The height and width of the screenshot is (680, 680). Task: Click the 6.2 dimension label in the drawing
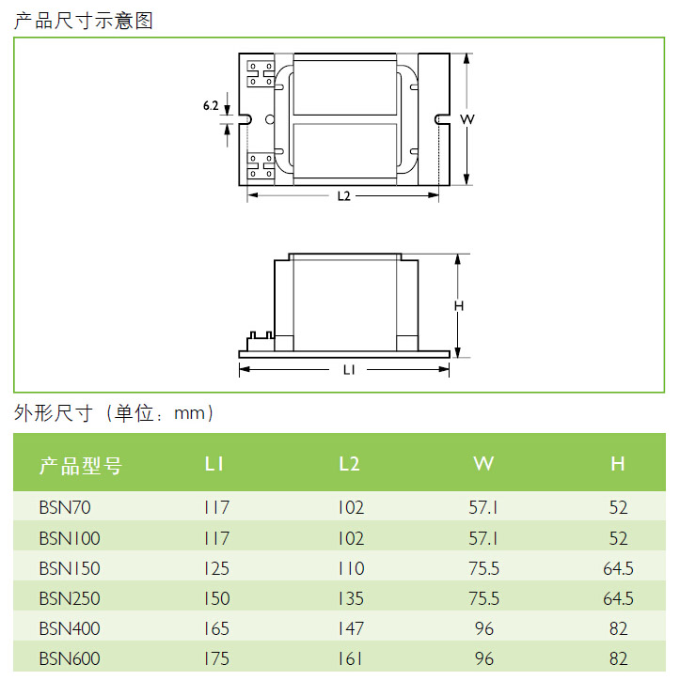211,105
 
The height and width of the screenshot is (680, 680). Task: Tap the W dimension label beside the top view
467,119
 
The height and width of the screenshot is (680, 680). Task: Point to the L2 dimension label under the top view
344,196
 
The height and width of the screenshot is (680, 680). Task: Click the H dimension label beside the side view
459,306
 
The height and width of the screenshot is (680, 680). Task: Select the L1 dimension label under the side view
349,370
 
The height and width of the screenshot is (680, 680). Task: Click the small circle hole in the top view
270,119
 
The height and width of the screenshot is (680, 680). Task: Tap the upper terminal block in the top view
261,73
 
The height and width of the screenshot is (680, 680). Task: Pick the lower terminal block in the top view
261,165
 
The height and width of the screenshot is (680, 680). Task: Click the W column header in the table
483,464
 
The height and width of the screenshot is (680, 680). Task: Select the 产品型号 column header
81,465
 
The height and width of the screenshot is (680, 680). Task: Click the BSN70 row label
65,507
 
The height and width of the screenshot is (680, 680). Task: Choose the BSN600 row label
70,658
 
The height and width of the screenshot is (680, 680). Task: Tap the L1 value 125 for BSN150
216,568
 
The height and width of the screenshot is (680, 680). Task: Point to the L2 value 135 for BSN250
351,598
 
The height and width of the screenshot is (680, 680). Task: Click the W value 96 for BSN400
484,628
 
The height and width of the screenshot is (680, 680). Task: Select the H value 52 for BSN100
618,538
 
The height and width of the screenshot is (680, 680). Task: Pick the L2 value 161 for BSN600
351,658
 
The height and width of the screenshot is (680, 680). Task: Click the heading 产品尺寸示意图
84,21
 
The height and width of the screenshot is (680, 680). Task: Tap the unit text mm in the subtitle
189,413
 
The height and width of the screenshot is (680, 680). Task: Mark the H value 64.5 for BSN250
618,598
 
